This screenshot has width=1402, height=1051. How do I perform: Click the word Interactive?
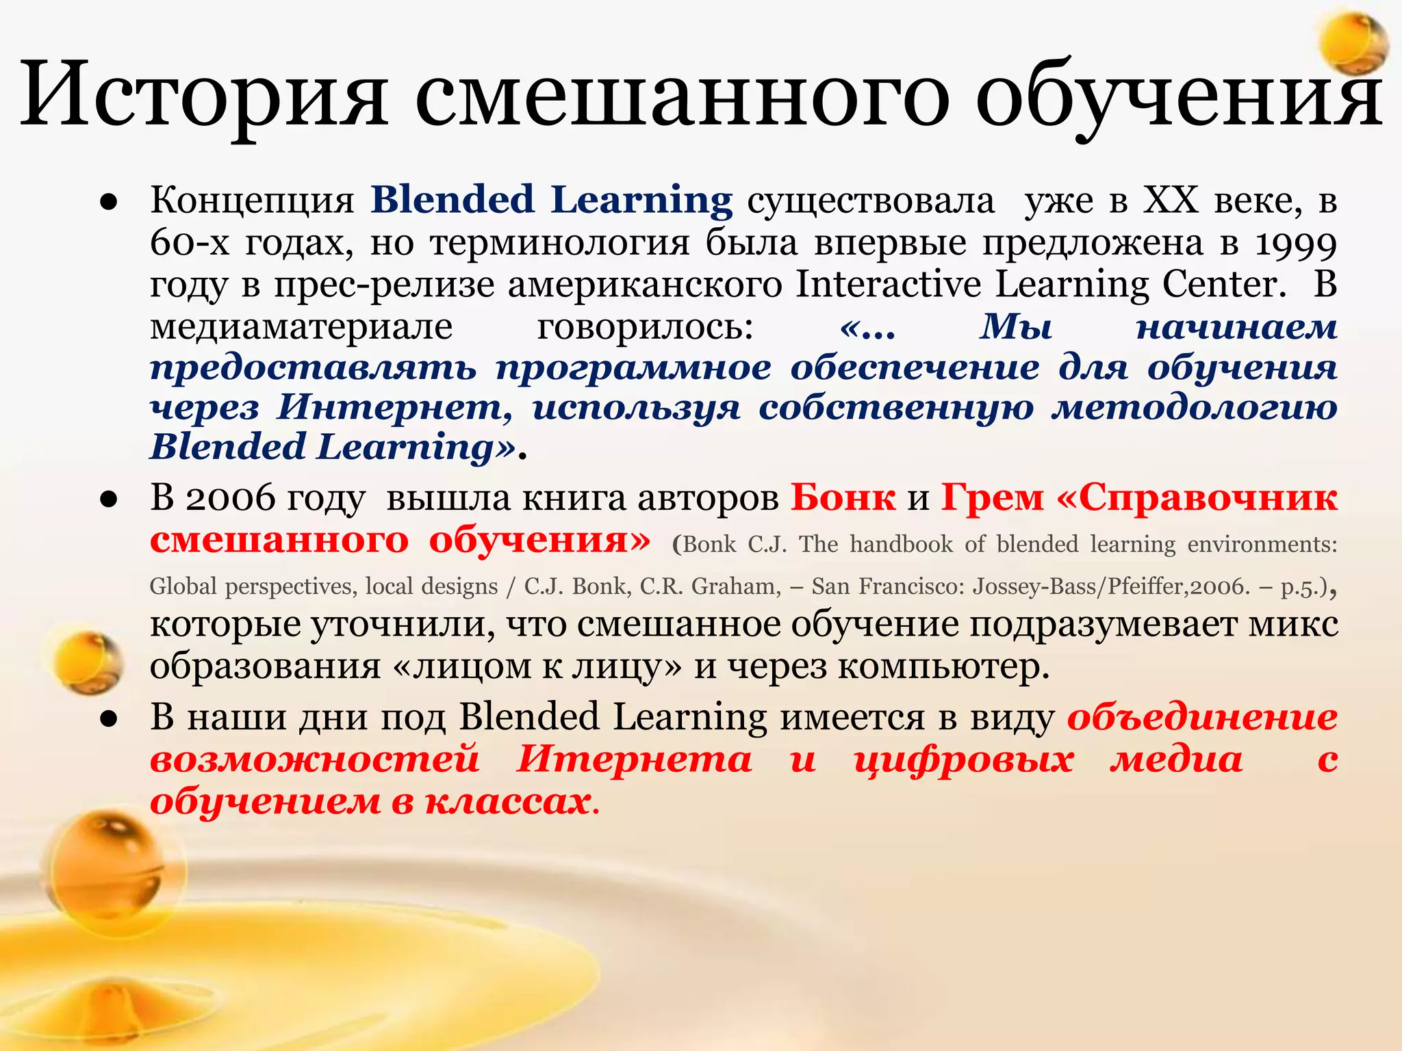(888, 284)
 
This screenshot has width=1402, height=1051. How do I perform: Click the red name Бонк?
(843, 498)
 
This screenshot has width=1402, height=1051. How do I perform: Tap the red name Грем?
(992, 498)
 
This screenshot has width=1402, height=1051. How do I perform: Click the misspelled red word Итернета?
(634, 760)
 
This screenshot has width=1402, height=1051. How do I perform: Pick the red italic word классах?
(507, 801)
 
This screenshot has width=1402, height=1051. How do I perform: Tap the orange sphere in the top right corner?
(1353, 42)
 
